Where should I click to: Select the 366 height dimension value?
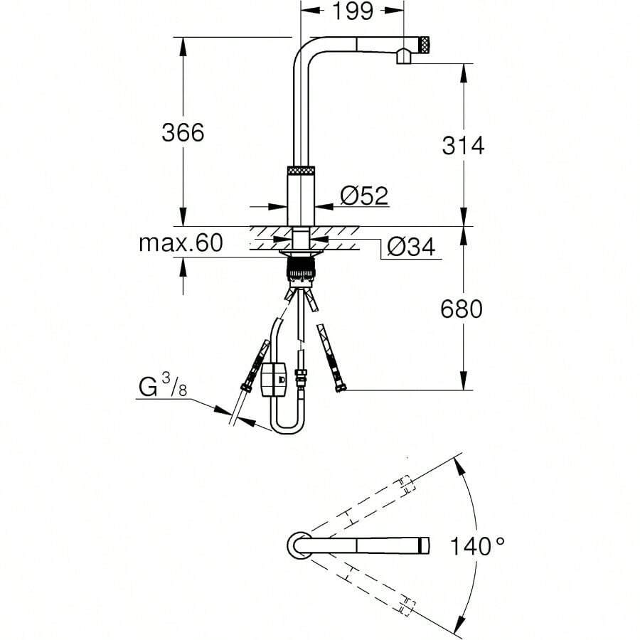click(183, 132)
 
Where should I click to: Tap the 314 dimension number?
click(463, 146)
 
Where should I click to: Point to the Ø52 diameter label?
click(364, 196)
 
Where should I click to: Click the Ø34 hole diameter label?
click(411, 247)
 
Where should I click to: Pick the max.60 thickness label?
click(181, 244)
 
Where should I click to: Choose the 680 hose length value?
click(462, 309)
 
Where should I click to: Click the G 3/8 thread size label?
click(164, 388)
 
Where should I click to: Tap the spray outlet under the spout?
click(403, 56)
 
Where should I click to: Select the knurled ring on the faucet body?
click(301, 171)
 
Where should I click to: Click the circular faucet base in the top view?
click(299, 545)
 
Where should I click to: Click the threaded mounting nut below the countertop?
click(301, 270)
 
